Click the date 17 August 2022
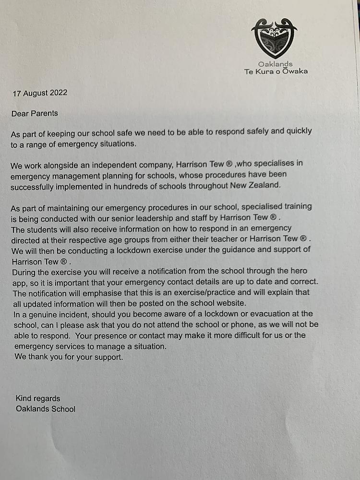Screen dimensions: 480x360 click(x=40, y=93)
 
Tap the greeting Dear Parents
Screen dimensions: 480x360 click(x=35, y=113)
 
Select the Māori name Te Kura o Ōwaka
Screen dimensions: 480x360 click(x=276, y=72)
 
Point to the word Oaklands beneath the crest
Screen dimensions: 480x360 click(x=275, y=64)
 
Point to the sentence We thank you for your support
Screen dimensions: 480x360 click(x=69, y=357)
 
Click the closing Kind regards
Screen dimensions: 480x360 click(x=38, y=398)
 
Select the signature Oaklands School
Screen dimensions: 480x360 click(x=46, y=409)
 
